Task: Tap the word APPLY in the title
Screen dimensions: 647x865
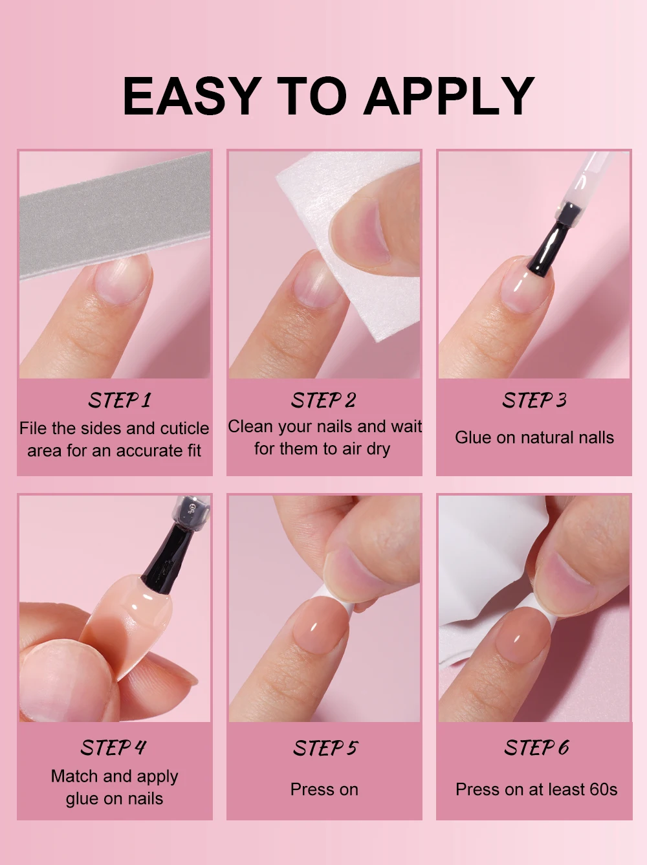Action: [449, 96]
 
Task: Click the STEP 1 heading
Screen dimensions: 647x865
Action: [120, 400]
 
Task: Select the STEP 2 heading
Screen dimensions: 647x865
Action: [323, 400]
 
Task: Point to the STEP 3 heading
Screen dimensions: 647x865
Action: [534, 400]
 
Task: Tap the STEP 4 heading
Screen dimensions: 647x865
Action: [113, 747]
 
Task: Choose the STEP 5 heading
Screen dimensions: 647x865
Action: [325, 747]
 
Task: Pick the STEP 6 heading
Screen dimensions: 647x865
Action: [536, 747]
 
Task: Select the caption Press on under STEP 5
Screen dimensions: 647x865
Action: [324, 789]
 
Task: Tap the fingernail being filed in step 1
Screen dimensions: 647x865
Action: [123, 279]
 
